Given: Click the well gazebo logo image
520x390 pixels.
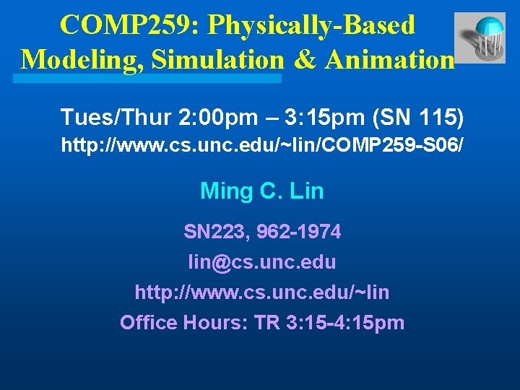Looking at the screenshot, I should (x=480, y=38).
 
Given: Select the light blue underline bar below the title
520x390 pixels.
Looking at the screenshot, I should (x=151, y=77).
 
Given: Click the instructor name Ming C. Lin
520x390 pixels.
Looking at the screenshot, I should (x=261, y=191).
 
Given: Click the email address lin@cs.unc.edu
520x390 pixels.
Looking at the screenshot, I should (x=261, y=261).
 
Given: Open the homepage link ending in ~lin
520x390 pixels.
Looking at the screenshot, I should (x=261, y=292).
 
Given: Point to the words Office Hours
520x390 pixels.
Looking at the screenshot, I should (x=183, y=322).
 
